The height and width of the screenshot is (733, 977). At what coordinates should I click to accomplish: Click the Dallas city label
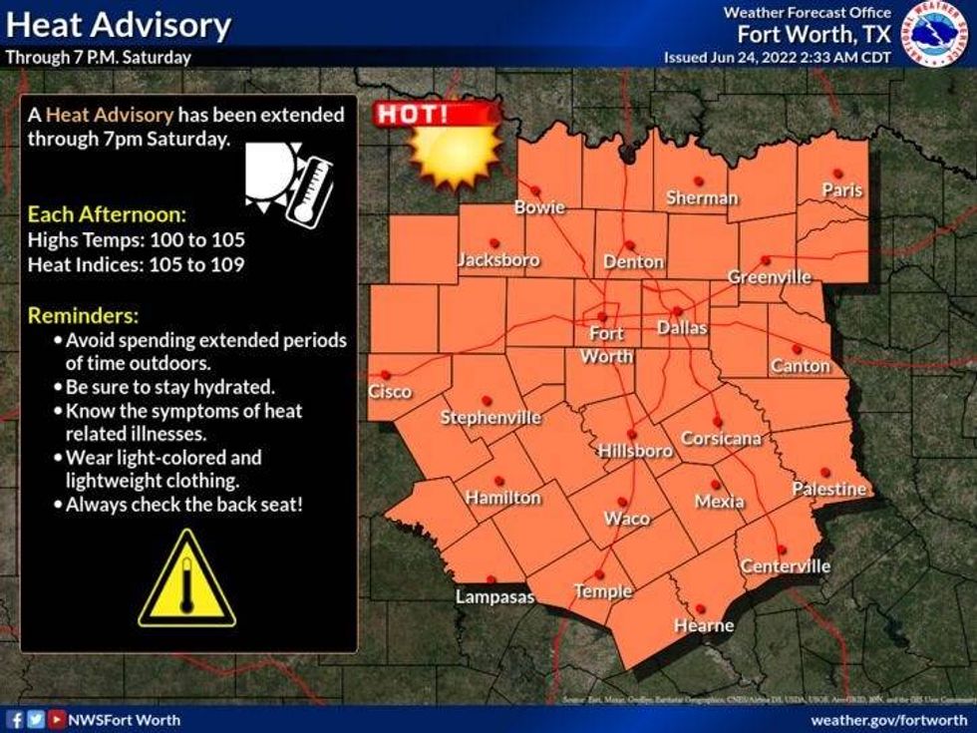click(682, 327)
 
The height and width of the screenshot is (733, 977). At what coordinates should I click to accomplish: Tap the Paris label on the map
click(842, 189)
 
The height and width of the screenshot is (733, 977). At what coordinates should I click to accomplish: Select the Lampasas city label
click(495, 597)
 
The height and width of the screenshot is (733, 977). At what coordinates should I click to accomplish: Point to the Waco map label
click(627, 519)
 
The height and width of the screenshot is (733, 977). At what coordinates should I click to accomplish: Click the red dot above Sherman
click(699, 181)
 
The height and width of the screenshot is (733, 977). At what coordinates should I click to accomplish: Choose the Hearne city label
click(704, 625)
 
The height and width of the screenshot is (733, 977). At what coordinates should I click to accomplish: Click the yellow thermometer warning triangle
click(186, 580)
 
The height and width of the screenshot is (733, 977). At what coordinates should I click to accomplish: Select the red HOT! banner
click(437, 114)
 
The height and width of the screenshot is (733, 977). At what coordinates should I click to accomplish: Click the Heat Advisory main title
click(120, 24)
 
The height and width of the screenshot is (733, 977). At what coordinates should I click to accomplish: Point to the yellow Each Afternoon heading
click(107, 214)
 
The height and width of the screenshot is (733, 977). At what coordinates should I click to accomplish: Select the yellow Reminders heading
click(83, 316)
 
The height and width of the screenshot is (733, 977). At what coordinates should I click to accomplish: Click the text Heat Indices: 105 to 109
click(137, 264)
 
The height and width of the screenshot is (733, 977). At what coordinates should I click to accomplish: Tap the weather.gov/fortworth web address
click(888, 719)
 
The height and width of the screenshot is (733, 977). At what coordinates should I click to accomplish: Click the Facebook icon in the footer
click(15, 719)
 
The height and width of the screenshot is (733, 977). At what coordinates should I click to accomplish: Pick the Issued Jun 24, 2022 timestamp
click(778, 57)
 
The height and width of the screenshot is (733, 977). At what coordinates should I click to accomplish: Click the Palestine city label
click(828, 489)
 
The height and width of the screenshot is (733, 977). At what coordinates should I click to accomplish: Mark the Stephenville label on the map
click(490, 417)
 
